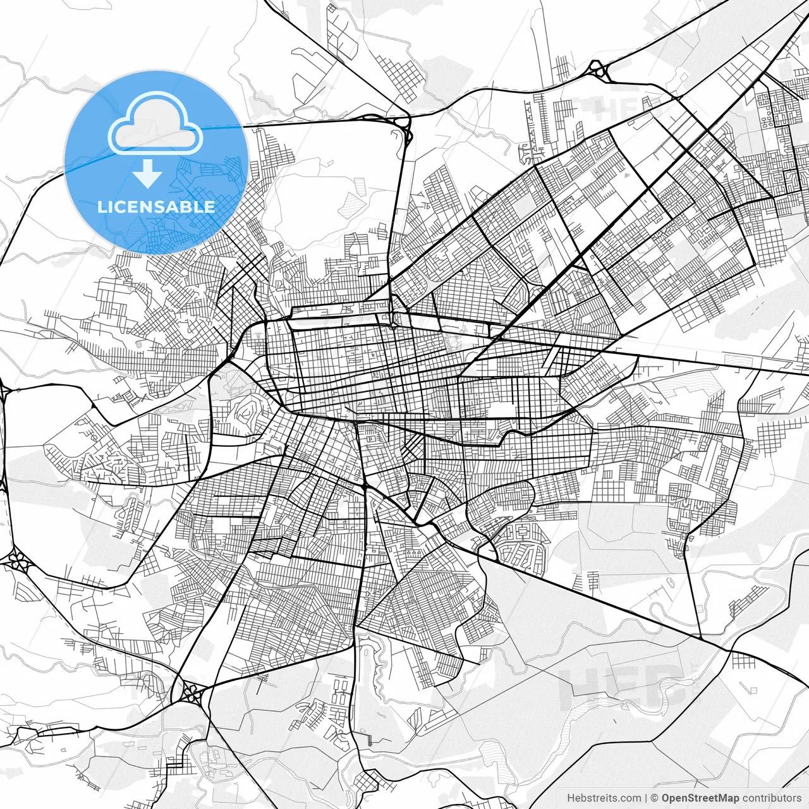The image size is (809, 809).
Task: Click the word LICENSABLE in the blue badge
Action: [156, 207]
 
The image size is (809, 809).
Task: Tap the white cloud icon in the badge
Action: [155, 125]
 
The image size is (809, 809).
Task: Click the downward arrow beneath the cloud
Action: [148, 173]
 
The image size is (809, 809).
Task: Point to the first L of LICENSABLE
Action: [102, 207]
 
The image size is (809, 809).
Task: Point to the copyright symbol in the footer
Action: [655, 798]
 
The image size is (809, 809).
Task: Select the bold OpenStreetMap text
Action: [700, 798]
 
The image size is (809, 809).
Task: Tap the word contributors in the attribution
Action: [771, 798]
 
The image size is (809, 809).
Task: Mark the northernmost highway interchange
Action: [598, 70]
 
